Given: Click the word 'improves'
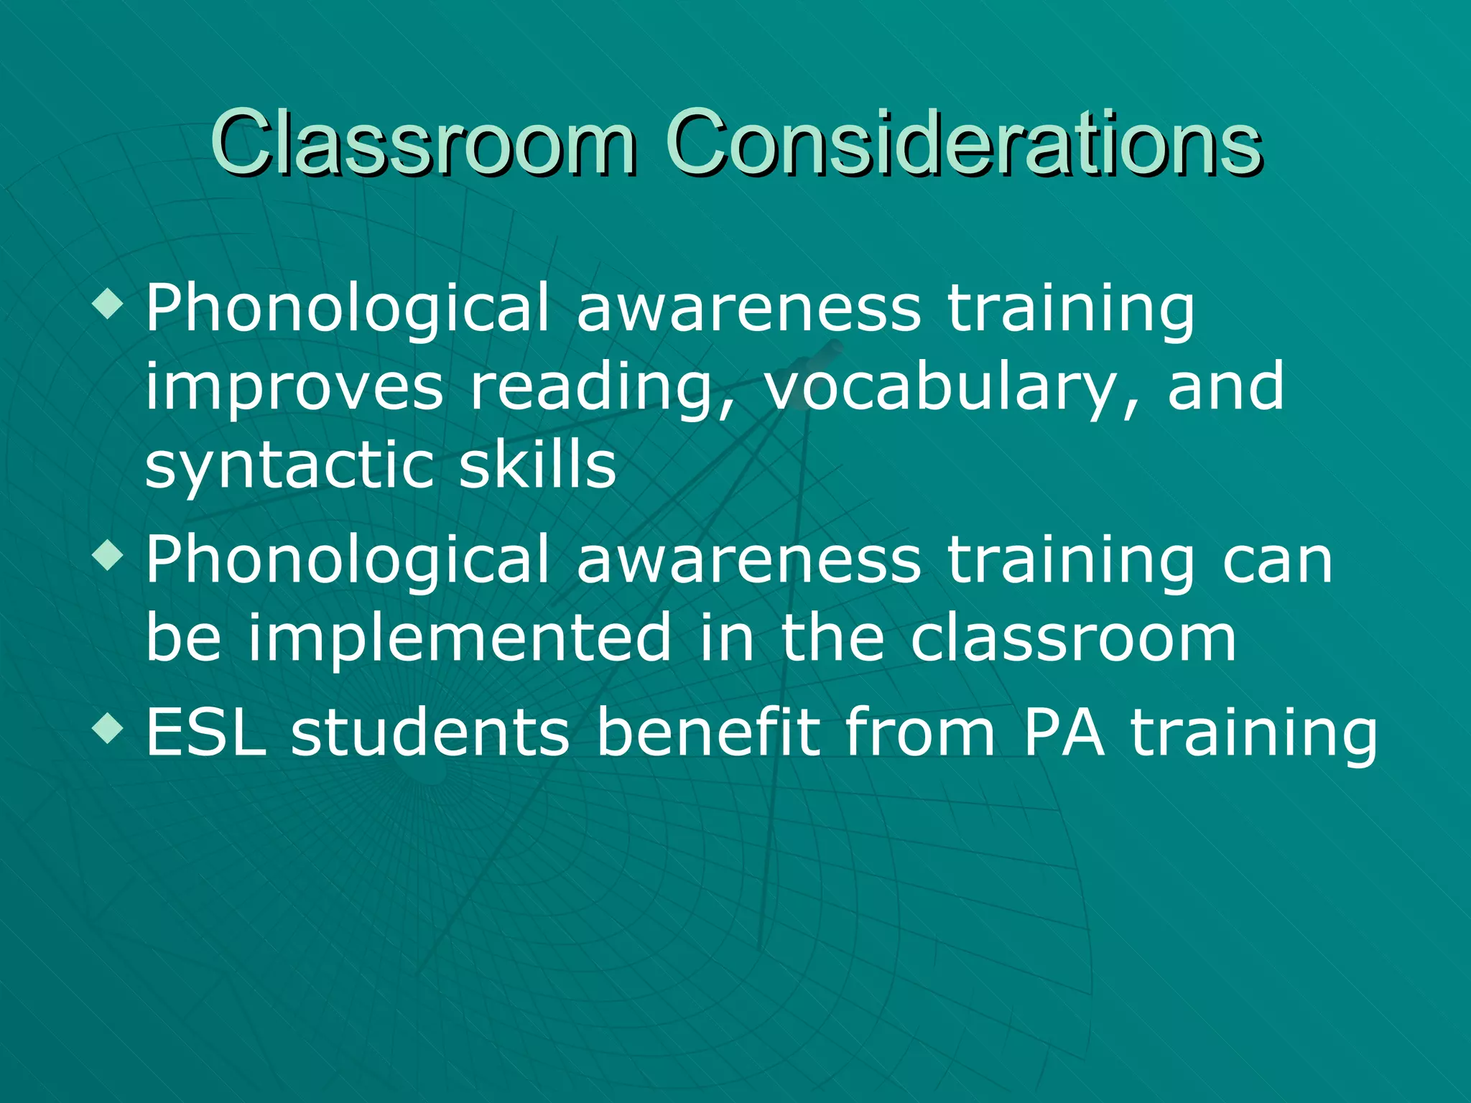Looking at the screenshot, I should coord(294,388).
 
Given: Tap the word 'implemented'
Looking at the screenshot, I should coord(460,638).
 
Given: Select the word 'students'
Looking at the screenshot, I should coord(430,732).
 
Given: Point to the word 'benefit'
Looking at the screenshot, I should coord(708,732).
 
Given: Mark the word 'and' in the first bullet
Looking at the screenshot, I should coord(1225,388).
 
